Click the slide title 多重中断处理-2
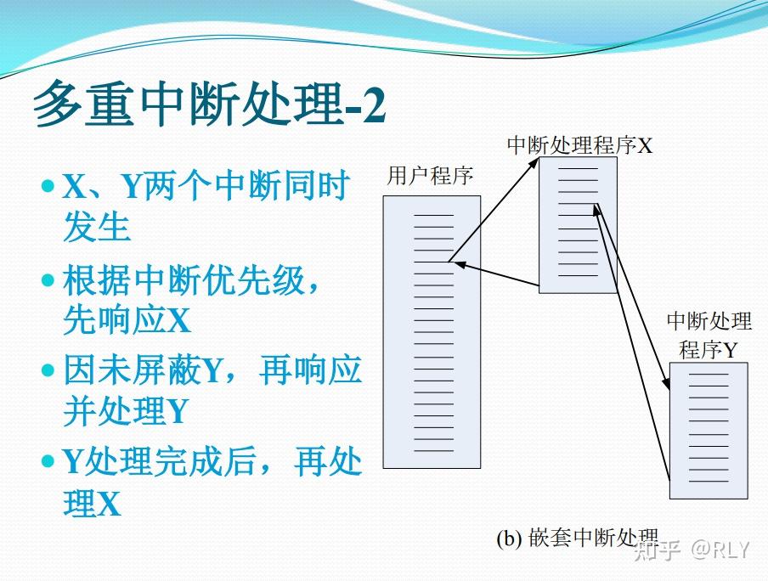point(210,104)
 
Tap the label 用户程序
point(430,176)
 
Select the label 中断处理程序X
point(580,145)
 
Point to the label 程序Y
point(708,350)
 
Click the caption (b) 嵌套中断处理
point(578,538)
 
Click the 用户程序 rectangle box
point(432,331)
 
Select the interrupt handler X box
point(578,225)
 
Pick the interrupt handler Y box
point(709,431)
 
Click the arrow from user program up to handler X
point(494,210)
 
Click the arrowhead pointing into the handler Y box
point(666,384)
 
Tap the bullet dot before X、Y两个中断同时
point(48,186)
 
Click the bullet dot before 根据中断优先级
point(48,279)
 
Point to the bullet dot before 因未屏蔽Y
point(48,369)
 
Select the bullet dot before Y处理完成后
point(48,460)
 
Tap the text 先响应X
point(127,320)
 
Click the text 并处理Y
point(126,410)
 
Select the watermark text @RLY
point(720,550)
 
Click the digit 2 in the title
point(374,104)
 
